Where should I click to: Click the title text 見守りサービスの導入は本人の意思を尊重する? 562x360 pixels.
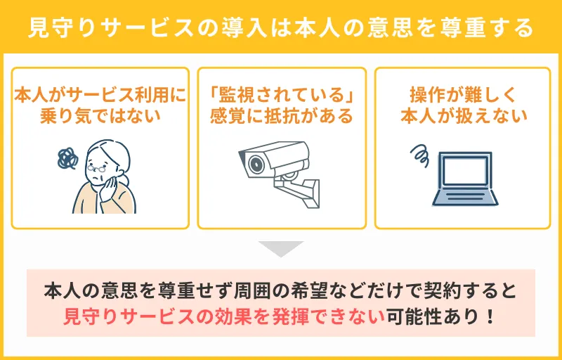[281, 29]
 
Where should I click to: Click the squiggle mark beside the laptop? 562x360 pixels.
[420, 153]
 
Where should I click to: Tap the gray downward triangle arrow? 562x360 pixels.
[281, 248]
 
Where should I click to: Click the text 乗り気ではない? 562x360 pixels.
[100, 115]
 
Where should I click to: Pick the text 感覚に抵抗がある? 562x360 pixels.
[281, 115]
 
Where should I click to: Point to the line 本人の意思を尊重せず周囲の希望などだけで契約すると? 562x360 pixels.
[281, 290]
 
